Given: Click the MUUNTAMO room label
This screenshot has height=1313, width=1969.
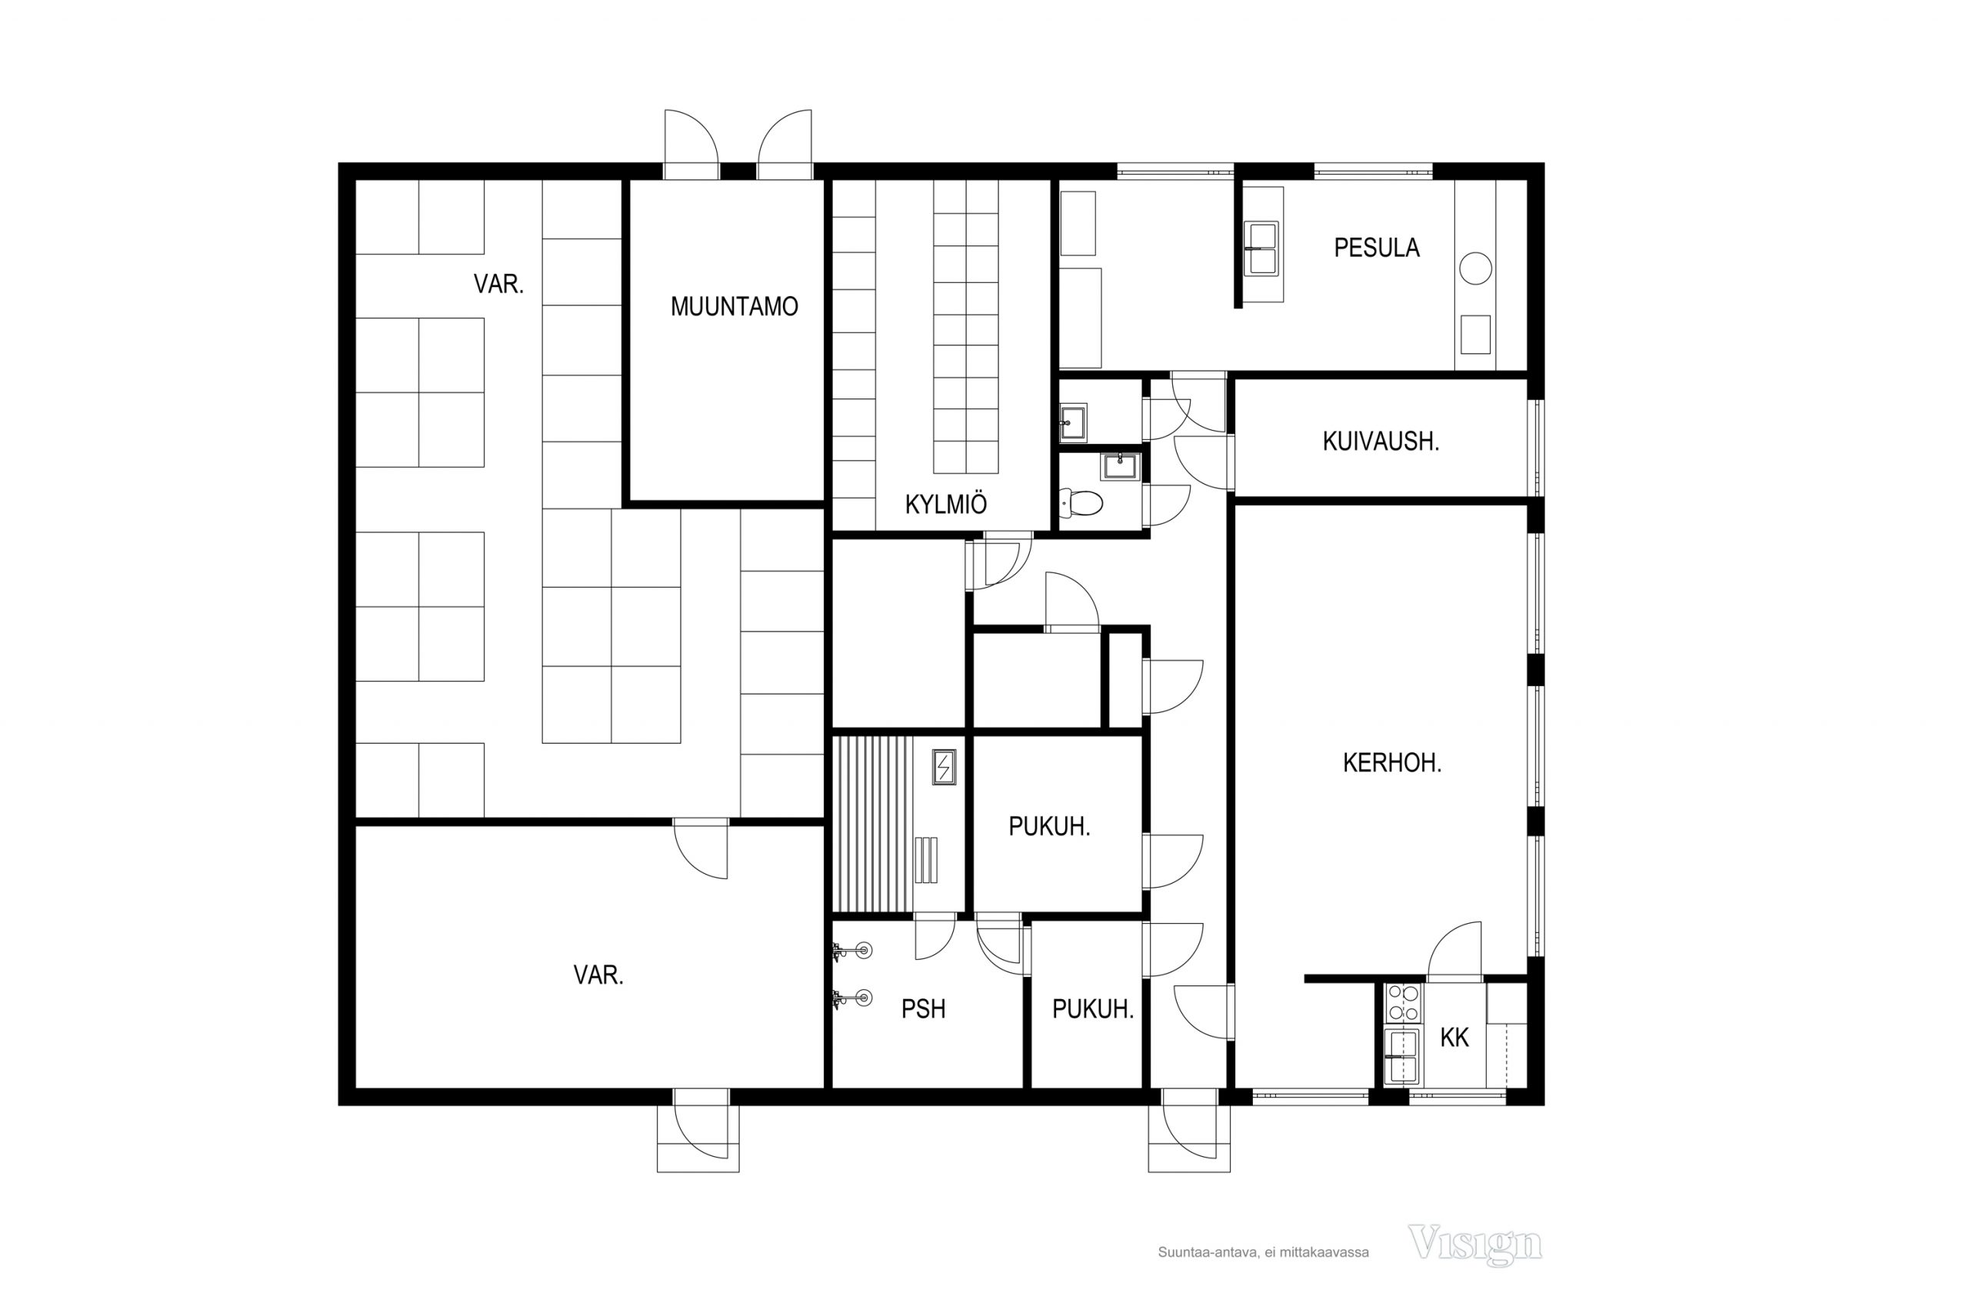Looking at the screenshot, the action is coord(735,306).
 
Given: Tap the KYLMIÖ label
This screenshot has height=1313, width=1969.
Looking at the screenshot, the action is coord(946,504).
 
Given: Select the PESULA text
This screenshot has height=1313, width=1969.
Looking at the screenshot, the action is coord(1376,248).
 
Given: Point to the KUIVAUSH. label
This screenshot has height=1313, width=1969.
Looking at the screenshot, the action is coord(1381,442).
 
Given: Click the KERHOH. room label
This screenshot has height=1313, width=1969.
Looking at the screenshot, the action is coord(1392,763).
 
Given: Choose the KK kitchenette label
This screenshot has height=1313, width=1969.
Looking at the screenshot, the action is coord(1454,1038).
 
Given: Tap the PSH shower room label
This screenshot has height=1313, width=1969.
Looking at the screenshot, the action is coord(924,1009).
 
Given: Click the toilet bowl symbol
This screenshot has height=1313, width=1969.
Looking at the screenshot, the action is coord(1081,502).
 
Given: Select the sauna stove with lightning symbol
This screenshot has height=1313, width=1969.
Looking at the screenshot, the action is coord(944,767).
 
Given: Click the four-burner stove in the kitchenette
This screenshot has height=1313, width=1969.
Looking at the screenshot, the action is coord(1403,1003).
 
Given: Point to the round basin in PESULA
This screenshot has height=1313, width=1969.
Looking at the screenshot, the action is coord(1475,268).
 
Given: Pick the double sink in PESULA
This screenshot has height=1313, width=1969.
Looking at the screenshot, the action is coord(1261,248).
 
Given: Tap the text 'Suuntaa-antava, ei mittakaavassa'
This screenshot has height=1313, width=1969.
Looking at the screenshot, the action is coord(1263,1253).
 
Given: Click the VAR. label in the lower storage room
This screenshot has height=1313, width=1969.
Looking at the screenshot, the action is coord(598,975).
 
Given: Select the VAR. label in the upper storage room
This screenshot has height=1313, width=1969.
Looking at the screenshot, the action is coord(499,285).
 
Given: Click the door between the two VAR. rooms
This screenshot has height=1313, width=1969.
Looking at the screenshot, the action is coord(701,848).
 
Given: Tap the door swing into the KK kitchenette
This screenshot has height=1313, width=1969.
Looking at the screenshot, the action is coord(1454,951).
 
